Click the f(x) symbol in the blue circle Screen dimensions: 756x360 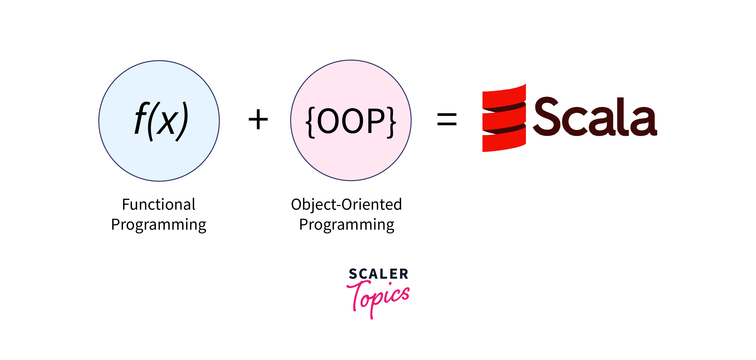(x=161, y=121)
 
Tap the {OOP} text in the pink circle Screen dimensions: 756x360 (x=351, y=122)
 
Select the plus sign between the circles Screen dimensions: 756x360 (x=258, y=119)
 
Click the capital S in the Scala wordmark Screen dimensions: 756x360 (x=546, y=116)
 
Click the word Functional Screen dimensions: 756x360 (x=158, y=204)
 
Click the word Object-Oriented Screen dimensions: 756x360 (x=346, y=204)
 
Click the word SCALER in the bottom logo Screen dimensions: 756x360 (x=379, y=274)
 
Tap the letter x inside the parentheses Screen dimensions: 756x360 (x=167, y=123)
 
